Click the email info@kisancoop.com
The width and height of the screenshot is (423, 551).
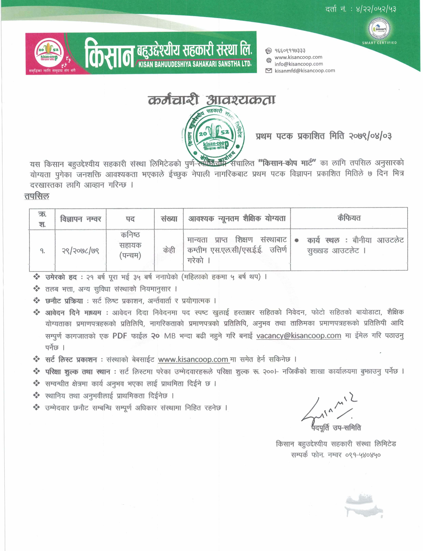[299, 64]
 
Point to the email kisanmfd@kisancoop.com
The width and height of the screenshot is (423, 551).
[305, 71]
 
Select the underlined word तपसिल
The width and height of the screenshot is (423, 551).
[37, 196]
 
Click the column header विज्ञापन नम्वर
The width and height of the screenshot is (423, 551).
[81, 219]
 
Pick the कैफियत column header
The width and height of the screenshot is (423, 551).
[349, 218]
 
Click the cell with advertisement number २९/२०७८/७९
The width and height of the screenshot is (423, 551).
[81, 251]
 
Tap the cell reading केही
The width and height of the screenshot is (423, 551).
[169, 250]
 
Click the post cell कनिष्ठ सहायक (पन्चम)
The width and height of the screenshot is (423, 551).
[130, 245]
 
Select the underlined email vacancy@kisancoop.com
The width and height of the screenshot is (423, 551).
[299, 336]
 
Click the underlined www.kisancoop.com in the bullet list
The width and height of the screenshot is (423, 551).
[193, 359]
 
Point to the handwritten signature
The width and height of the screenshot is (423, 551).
[327, 410]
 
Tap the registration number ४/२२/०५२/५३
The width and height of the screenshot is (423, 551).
[376, 10]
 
